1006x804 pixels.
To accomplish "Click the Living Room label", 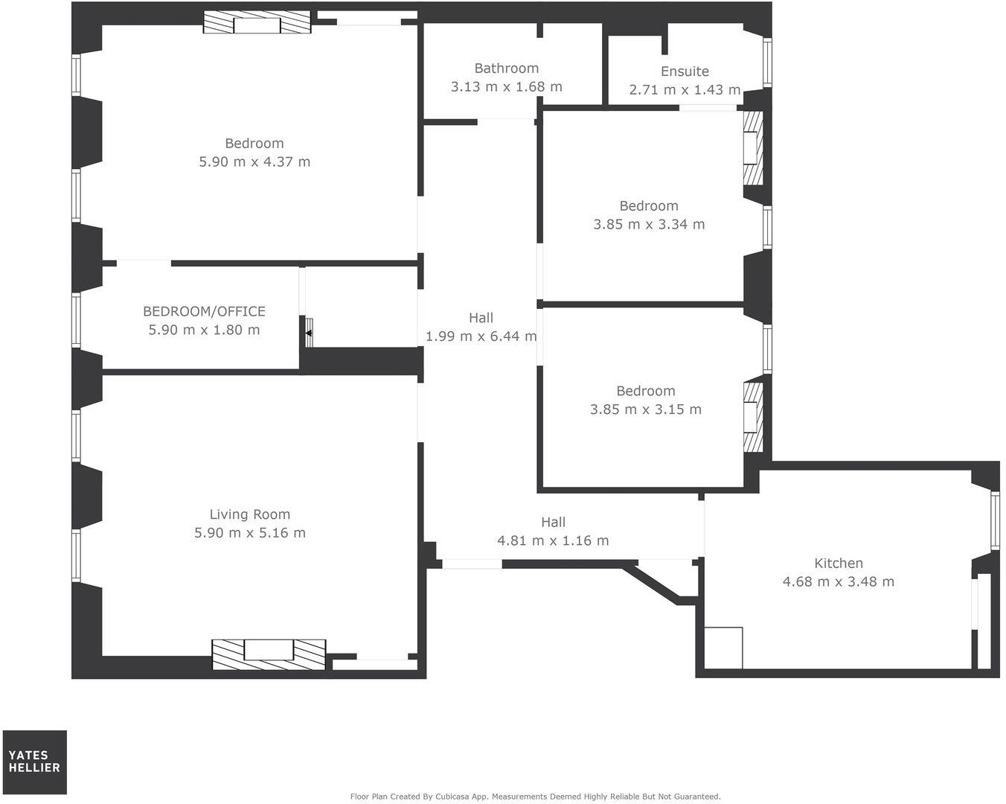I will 249,514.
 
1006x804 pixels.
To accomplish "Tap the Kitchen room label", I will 839,564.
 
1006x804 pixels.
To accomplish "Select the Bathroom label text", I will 506,68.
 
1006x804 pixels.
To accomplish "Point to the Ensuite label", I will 685,71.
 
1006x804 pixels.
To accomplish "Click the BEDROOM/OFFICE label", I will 204,311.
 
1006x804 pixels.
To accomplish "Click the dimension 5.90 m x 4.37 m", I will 254,162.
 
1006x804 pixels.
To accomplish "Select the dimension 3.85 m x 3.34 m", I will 649,224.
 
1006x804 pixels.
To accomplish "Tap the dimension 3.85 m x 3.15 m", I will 645,409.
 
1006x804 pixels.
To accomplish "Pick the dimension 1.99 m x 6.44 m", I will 481,336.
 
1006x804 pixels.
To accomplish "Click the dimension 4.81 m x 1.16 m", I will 553,541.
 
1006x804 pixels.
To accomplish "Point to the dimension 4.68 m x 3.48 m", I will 839,582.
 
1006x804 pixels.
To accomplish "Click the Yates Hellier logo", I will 34,762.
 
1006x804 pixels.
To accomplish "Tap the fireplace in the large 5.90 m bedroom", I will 257,23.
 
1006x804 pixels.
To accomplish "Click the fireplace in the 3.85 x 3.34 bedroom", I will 753,148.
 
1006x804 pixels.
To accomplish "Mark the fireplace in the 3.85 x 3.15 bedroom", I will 753,418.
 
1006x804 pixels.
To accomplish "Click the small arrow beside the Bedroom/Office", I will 309,333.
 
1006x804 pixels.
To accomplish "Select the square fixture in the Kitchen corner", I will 723,648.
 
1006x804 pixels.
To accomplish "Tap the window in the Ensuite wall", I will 767,62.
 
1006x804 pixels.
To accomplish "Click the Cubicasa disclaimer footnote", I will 535,797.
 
